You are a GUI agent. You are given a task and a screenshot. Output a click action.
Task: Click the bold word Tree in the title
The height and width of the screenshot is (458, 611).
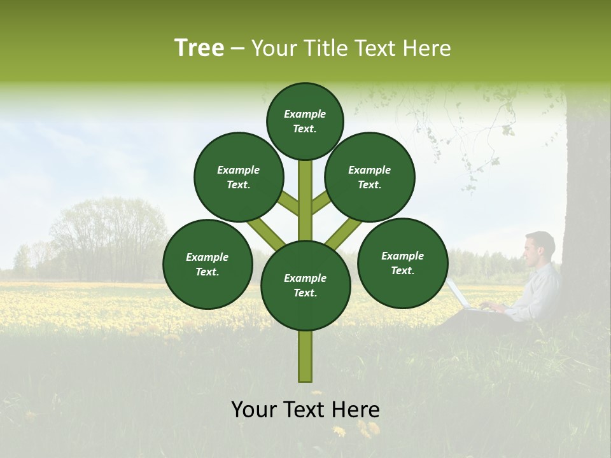(199, 48)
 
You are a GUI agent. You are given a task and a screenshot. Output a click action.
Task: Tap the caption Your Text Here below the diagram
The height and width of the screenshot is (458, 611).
(305, 410)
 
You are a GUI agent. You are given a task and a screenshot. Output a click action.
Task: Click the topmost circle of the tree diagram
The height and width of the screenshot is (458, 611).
(305, 121)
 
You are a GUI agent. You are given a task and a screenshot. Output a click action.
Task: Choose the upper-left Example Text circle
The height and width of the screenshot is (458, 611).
(239, 177)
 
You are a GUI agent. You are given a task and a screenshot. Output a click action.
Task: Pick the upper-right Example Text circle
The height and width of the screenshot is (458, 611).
(370, 177)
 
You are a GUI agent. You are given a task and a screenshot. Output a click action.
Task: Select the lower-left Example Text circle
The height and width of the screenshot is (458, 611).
(207, 264)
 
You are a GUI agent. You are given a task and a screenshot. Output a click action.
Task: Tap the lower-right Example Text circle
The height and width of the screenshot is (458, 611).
(402, 262)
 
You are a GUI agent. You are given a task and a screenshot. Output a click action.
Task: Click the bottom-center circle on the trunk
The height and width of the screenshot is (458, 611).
(305, 286)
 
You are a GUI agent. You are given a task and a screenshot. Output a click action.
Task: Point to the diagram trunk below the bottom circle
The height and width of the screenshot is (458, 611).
(305, 356)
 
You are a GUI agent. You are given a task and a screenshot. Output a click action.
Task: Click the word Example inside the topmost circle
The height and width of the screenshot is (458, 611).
(305, 114)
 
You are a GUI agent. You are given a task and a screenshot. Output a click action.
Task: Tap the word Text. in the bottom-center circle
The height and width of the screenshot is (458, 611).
(305, 293)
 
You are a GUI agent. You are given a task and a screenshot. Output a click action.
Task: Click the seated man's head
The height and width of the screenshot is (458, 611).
(540, 248)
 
